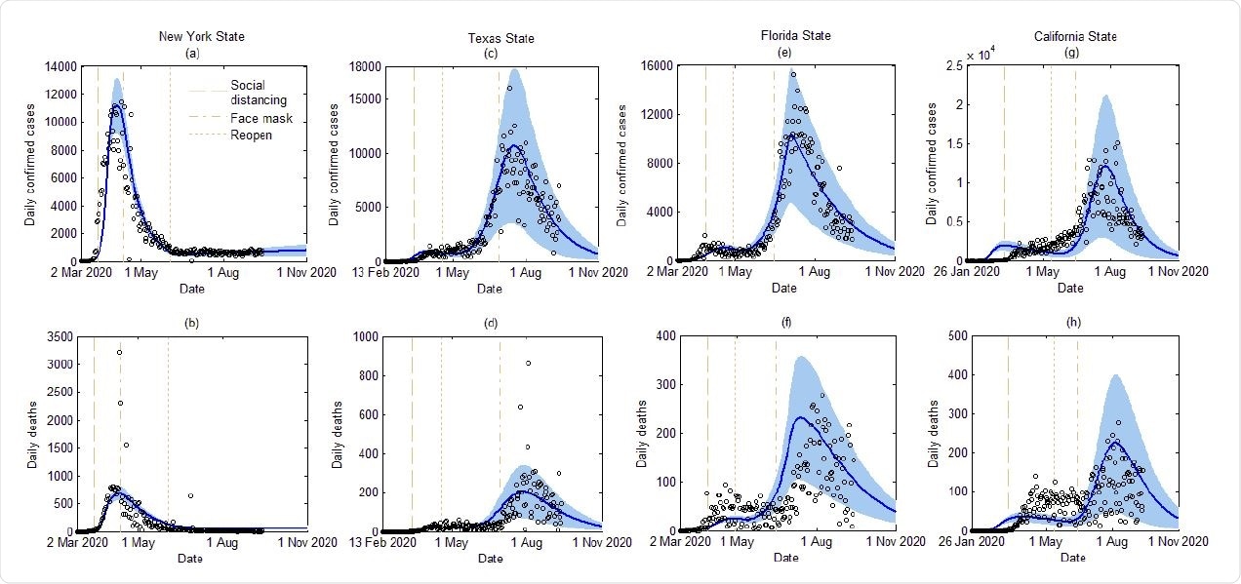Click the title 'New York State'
coord(202,37)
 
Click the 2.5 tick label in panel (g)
coord(949,65)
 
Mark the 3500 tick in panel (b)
coord(58,335)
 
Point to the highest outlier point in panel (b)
coord(119,352)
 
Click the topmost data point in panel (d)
coord(528,363)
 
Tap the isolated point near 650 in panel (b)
coord(190,495)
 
